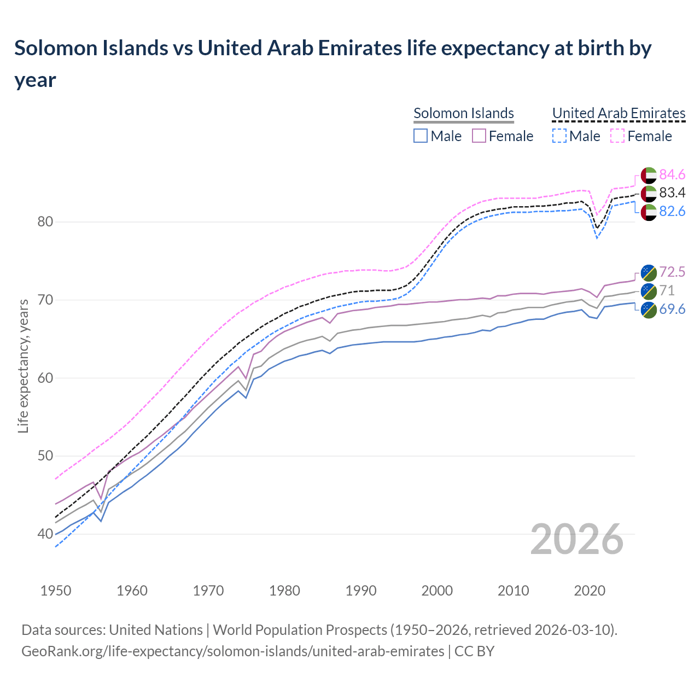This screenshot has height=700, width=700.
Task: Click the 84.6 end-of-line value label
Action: (x=672, y=174)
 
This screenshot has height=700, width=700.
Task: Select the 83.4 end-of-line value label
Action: (x=672, y=192)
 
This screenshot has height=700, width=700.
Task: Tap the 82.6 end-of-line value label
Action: (x=672, y=211)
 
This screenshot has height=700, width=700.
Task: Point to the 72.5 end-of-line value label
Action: (x=672, y=272)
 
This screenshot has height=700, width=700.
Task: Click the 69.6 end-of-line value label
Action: (x=672, y=309)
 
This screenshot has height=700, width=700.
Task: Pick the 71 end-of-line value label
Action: (x=667, y=290)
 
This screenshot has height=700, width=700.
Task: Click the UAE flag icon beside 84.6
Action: (x=648, y=175)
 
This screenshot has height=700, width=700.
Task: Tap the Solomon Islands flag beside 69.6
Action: (x=648, y=310)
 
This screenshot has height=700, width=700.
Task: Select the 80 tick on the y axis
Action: (x=45, y=222)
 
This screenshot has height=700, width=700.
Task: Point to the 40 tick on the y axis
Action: (x=45, y=534)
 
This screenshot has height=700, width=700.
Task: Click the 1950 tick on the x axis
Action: (x=56, y=591)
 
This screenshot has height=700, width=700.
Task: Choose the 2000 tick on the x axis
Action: (x=437, y=591)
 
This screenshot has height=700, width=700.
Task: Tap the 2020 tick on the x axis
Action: (x=590, y=591)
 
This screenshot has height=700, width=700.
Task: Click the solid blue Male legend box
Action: (x=420, y=136)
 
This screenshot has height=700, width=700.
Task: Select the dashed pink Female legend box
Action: (x=617, y=136)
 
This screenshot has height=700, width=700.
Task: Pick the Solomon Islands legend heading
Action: (x=463, y=113)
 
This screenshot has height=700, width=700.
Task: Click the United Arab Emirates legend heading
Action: (x=619, y=113)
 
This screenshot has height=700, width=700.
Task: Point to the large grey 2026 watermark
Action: (x=576, y=539)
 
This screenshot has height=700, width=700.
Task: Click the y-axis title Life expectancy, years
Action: (x=23, y=366)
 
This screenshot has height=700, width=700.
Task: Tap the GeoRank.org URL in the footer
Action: (x=232, y=651)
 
